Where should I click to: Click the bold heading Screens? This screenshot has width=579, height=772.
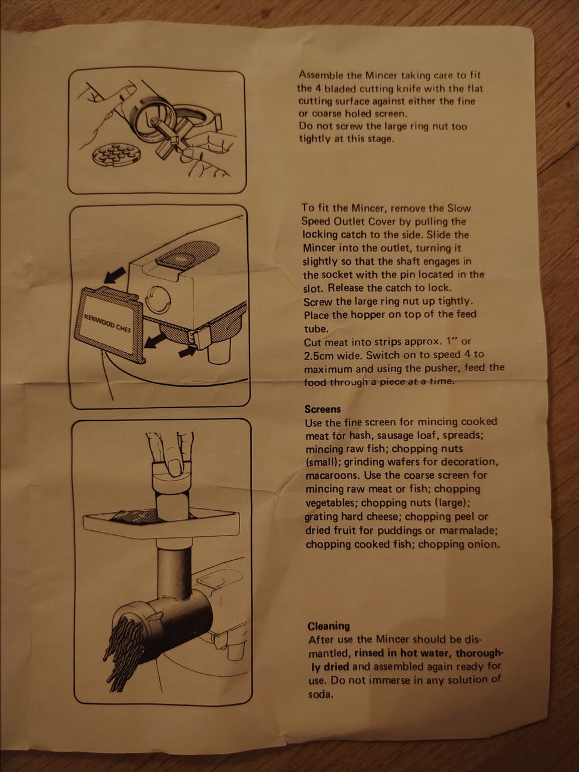pyautogui.click(x=322, y=409)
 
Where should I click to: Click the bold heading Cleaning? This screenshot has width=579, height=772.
pyautogui.click(x=329, y=626)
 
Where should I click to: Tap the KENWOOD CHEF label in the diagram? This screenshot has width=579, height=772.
pyautogui.click(x=107, y=323)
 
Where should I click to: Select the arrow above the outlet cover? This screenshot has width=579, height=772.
pyautogui.click(x=115, y=274)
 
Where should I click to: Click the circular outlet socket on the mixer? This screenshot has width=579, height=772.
pyautogui.click(x=157, y=299)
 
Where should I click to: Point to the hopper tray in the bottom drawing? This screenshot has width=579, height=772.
pyautogui.click(x=161, y=522)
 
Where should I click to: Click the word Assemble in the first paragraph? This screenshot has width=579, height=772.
pyautogui.click(x=321, y=75)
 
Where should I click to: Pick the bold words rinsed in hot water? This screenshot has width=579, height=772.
pyautogui.click(x=403, y=653)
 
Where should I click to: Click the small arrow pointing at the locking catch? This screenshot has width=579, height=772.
pyautogui.click(x=188, y=350)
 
